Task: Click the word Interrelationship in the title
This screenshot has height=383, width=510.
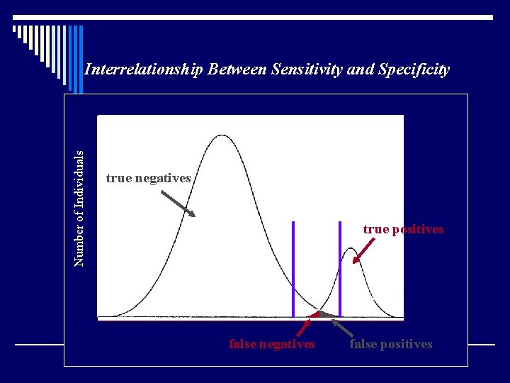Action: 142,70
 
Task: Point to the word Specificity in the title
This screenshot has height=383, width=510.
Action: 414,70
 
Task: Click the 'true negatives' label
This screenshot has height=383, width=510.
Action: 148,178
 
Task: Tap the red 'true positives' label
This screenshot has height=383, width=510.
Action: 403,229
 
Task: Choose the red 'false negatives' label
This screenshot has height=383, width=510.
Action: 272,344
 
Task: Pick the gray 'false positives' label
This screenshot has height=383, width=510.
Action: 390,344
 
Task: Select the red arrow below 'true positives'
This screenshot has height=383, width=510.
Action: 365,251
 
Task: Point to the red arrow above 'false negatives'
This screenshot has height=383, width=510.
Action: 305,326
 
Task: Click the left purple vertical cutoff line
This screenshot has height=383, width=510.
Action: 293,269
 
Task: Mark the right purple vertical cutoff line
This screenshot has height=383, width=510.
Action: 340,269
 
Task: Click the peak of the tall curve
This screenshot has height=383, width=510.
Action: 222,135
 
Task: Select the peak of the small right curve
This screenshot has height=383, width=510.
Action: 351,249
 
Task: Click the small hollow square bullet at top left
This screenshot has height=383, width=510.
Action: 15,30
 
